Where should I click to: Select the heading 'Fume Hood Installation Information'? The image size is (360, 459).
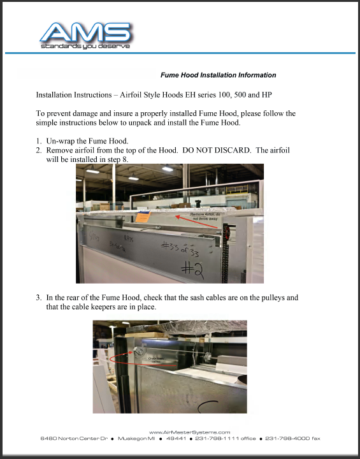(219, 75)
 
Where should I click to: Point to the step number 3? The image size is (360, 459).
(39, 298)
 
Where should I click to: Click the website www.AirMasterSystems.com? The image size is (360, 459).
(189, 432)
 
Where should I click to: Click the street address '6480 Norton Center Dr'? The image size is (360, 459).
(72, 439)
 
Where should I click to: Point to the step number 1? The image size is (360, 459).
(39, 140)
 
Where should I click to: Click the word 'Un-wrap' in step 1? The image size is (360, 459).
(61, 140)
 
